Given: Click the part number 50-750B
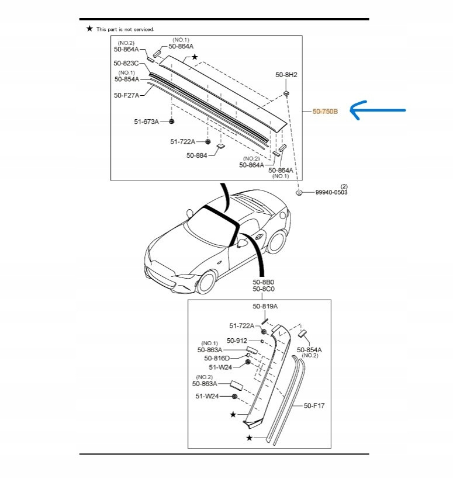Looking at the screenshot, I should (x=325, y=111).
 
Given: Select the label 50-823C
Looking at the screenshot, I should (x=126, y=63).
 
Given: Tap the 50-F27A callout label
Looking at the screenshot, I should (x=126, y=95).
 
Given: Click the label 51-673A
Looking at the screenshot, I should (x=147, y=122).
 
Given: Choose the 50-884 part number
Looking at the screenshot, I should (x=198, y=155).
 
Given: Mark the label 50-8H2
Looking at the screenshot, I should (x=286, y=75).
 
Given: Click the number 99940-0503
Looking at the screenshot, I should (x=331, y=192).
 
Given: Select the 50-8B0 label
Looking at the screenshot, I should (x=264, y=282).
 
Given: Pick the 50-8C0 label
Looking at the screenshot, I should (x=264, y=289).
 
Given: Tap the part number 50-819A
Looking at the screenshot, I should (x=265, y=306).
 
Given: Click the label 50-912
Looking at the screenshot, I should (x=237, y=341).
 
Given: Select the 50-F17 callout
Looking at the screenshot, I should (x=314, y=405).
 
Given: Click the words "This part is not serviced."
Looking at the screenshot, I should (x=125, y=29).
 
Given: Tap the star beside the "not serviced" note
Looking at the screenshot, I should (x=89, y=29).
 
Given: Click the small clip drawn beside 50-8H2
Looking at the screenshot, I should (x=287, y=93).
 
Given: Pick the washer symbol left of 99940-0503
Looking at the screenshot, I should (x=299, y=192).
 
